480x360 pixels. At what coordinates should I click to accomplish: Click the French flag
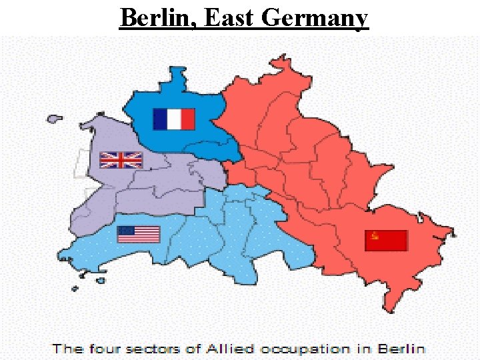(x=173, y=119)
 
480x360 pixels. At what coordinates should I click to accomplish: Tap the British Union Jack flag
(x=121, y=160)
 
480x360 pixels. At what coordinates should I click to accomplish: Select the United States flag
(x=139, y=235)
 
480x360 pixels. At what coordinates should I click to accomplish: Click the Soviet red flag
(x=386, y=241)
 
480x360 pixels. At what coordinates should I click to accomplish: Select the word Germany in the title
(x=315, y=17)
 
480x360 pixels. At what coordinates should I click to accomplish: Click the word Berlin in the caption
(x=401, y=348)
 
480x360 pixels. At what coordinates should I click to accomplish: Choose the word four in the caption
(x=103, y=348)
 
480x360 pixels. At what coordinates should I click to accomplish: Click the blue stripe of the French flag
(x=160, y=119)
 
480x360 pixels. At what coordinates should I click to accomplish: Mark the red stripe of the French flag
(x=187, y=119)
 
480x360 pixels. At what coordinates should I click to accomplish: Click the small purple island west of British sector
(x=54, y=119)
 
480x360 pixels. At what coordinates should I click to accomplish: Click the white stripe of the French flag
(x=173, y=119)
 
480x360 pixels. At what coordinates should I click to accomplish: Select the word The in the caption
(x=67, y=348)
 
